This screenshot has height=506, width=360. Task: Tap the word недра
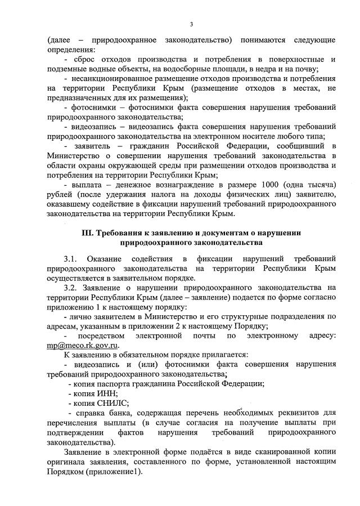coord(265,69)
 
